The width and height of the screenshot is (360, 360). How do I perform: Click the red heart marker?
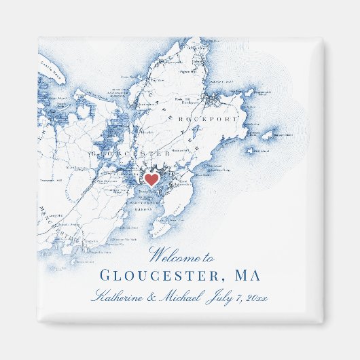click(x=152, y=179)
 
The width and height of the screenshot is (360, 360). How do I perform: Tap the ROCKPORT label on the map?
click(x=208, y=119)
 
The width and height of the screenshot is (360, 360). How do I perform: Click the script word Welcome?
click(x=173, y=257)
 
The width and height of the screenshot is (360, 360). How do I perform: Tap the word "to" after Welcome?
click(x=208, y=257)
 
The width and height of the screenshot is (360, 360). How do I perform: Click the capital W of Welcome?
click(x=157, y=256)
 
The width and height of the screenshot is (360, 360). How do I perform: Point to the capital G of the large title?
click(x=106, y=276)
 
